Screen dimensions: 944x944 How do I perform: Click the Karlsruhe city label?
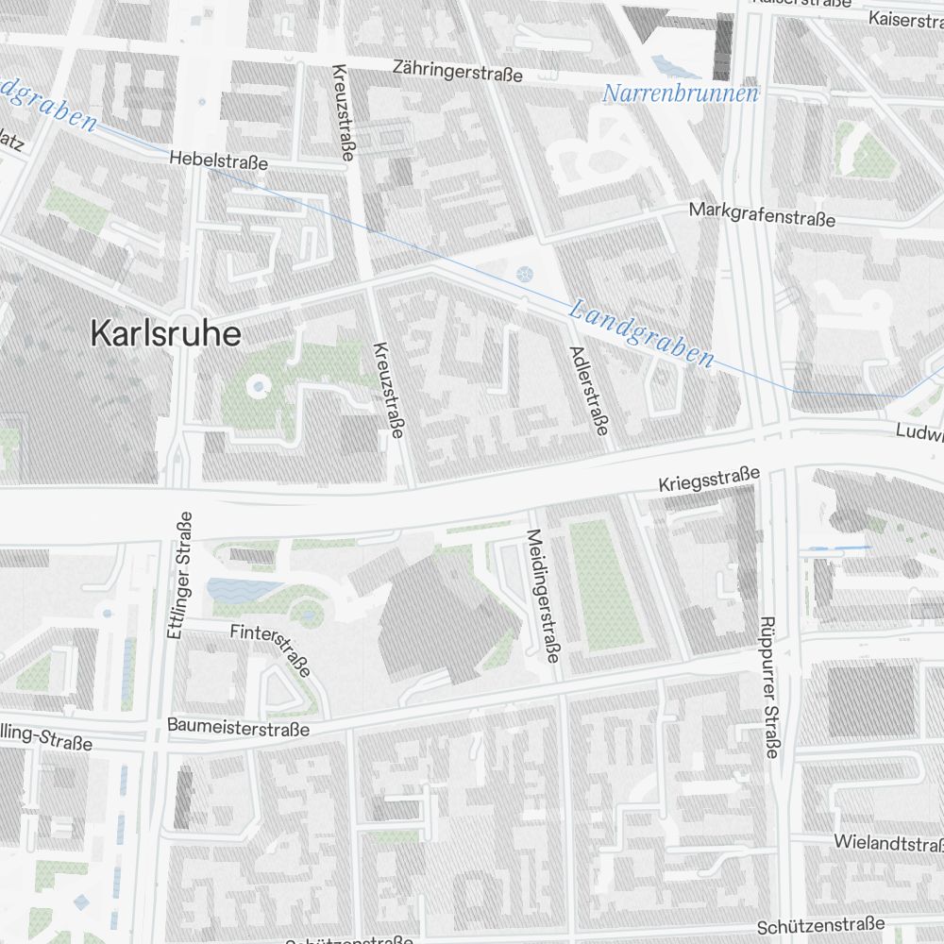coord(165,333)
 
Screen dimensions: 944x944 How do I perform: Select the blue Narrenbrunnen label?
coord(681,93)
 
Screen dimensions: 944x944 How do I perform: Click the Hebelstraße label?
coord(219,161)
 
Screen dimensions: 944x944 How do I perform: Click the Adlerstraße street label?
coord(588,390)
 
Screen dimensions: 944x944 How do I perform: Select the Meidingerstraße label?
coord(542,596)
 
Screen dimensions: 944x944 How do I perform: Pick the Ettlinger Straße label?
coord(178,576)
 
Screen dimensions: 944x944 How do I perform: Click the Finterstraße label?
coord(270,649)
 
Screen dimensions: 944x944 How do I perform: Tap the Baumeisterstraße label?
coord(238,728)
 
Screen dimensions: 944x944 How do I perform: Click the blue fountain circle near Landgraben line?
coord(525,275)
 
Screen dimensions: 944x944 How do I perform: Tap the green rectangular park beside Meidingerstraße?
coord(605,586)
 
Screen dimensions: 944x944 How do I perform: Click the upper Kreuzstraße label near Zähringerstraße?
coord(342,112)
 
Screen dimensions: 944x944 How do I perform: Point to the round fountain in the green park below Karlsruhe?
coord(257,386)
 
